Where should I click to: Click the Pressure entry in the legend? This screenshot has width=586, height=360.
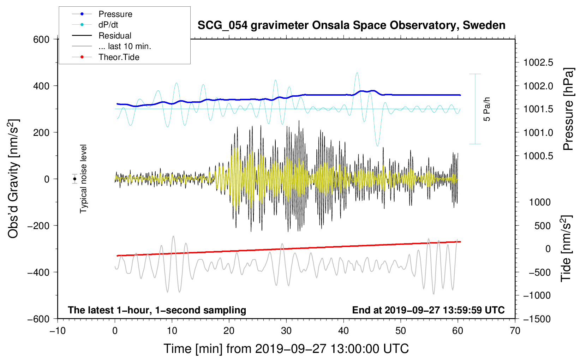115,14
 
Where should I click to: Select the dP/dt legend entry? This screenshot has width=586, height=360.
108,25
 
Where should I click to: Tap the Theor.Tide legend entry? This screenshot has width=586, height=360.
119,57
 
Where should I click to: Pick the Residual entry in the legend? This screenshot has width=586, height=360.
115,36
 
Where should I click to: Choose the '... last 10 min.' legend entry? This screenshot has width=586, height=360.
125,46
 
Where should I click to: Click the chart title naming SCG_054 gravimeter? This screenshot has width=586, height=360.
351,25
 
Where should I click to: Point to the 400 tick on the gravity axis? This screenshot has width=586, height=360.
41,86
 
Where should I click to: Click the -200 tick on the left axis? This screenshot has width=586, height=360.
38,226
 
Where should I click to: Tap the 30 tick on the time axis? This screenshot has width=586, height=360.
286,331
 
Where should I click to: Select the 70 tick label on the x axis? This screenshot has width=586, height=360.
515,331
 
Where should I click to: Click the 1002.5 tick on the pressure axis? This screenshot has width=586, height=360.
538,63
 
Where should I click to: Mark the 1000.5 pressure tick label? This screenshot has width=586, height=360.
538,156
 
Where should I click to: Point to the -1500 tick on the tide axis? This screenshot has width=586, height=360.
537,319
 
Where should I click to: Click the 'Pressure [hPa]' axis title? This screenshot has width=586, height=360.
568,109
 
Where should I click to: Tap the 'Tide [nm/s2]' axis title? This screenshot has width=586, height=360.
566,248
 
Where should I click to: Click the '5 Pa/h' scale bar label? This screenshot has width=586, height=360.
487,109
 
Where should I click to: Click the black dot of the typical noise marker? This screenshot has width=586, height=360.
75,179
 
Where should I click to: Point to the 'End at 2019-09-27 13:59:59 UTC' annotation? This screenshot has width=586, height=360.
428,310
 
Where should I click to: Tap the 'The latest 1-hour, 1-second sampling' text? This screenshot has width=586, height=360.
157,310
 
